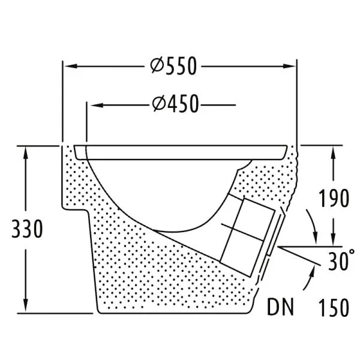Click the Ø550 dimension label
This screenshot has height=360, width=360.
173,66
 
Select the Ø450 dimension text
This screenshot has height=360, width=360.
175,104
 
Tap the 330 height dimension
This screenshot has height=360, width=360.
27,229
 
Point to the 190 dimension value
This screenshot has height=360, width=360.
334,198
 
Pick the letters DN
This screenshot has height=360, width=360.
281,307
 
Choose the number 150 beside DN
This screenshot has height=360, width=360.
334,307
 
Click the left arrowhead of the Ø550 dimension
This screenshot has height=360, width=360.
71,67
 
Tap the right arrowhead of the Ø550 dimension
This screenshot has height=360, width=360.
289,67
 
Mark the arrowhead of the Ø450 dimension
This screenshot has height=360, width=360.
97,105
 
